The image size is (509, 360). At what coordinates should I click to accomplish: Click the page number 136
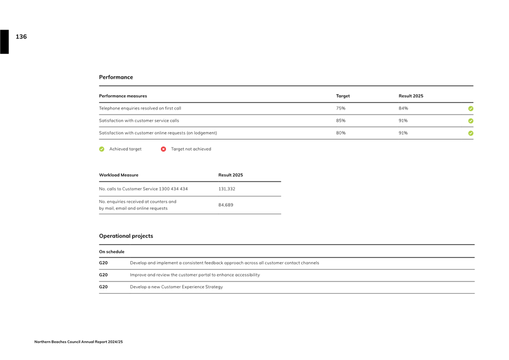(21, 37)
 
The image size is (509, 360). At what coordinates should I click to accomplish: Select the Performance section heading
(116, 77)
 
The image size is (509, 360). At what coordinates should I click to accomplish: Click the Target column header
(343, 96)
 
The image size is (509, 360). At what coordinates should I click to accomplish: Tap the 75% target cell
(341, 109)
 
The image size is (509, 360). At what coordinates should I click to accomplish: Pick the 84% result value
(403, 109)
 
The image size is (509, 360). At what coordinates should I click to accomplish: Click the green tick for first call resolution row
(471, 109)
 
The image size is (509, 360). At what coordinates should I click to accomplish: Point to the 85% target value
(341, 121)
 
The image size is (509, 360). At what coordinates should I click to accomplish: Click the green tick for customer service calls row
(471, 121)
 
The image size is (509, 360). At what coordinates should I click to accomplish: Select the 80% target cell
(341, 133)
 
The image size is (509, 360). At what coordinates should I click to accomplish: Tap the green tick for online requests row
(471, 133)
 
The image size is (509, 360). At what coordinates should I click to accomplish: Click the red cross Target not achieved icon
(163, 149)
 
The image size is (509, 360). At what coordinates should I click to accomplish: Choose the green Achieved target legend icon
(102, 149)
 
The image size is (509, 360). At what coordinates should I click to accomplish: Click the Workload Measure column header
(119, 175)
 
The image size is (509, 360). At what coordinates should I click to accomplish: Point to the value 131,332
(227, 189)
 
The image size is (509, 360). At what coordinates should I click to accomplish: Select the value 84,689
(226, 205)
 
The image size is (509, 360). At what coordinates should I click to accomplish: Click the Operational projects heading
(126, 236)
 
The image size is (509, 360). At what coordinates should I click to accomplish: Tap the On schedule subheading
(111, 252)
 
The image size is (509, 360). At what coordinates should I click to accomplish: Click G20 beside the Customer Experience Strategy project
(104, 287)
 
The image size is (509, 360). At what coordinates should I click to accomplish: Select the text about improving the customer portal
(195, 275)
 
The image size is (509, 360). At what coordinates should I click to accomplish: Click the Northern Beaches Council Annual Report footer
(79, 342)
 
